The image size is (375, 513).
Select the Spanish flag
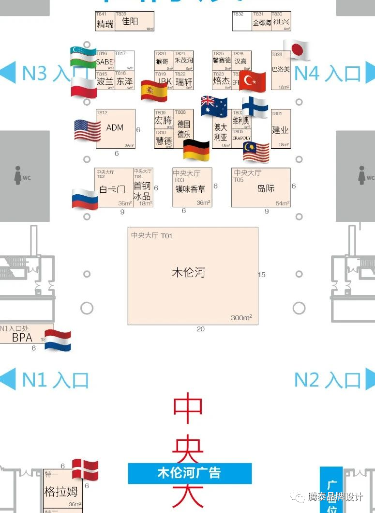coord(154,91)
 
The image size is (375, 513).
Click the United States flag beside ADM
coord(87,130)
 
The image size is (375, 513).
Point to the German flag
coord(196,150)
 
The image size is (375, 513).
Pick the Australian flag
coord(214,106)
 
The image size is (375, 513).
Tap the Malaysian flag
coord(256,152)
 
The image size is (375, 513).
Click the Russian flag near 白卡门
coord(85,199)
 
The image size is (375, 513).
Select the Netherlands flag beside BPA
coord(58,340)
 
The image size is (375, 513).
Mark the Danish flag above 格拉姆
coord(85,470)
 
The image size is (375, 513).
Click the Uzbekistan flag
coord(83,57)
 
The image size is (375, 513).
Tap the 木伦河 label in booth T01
coord(189,272)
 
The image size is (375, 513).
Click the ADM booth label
coord(115,128)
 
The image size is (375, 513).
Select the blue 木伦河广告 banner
coord(190,473)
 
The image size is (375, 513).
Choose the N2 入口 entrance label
coord(328,380)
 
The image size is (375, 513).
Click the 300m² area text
coord(241,318)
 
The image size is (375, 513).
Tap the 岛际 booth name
coord(266,188)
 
